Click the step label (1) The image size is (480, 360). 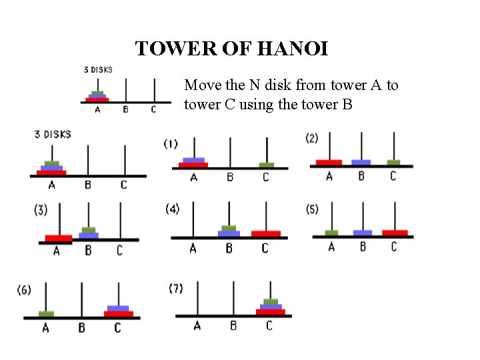click(171, 143)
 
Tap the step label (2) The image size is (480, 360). click(312, 138)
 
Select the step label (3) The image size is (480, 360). click(41, 209)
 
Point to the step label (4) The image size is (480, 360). click(172, 209)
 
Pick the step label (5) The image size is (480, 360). click(312, 209)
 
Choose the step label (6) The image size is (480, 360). click(24, 290)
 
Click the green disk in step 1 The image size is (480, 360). click(267, 165)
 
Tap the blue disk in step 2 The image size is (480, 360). click(361, 162)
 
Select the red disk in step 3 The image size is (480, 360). click(59, 238)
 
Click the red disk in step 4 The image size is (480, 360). click(266, 233)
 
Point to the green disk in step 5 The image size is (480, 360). click(331, 233)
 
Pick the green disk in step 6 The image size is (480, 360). click(46, 314)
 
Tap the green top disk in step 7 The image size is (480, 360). click(270, 302)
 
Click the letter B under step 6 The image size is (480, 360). click(81, 328)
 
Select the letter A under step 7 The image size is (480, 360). click(197, 325)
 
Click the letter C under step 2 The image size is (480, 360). click(393, 176)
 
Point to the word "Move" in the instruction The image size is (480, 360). click(201, 85)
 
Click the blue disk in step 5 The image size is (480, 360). click(363, 233)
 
